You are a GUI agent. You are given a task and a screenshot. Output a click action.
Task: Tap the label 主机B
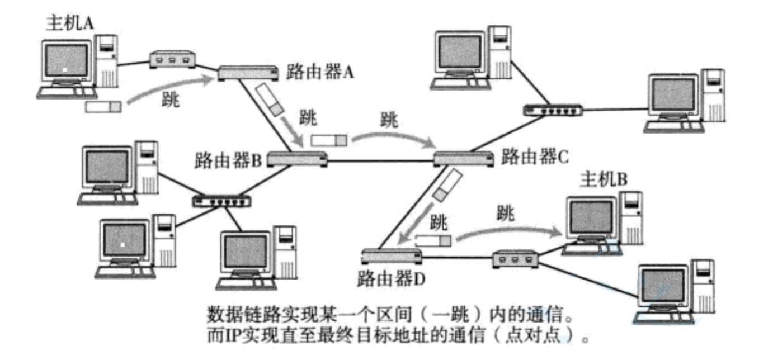point(604,179)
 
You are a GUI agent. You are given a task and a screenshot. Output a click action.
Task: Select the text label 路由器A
point(320,72)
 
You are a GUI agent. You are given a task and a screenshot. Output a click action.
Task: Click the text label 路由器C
point(535,157)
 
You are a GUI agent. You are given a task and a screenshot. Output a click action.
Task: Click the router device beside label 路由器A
point(248,72)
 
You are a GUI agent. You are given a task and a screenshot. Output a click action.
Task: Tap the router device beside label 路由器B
point(297,159)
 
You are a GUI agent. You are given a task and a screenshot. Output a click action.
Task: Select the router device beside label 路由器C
point(464,159)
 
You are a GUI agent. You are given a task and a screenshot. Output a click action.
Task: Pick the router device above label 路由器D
point(391,257)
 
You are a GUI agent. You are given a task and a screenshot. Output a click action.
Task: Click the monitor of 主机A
point(67,61)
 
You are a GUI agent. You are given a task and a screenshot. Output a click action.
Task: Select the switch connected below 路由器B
point(223,201)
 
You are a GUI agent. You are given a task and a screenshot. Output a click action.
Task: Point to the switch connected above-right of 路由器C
point(553,110)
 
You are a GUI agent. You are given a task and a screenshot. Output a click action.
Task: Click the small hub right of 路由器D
point(515,259)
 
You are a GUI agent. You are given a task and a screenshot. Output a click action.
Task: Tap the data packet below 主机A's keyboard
point(102,106)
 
